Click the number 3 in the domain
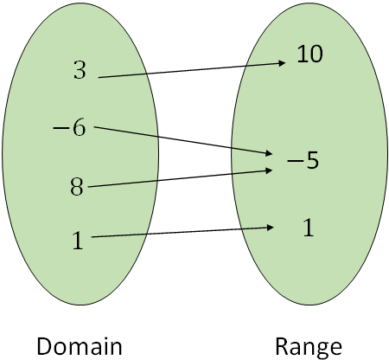[x=80, y=71]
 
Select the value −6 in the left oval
[x=69, y=129]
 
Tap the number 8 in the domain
[x=77, y=186]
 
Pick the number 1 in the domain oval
[x=79, y=241]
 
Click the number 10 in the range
[x=309, y=55]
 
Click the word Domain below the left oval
[x=79, y=347]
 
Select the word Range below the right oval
[x=308, y=347]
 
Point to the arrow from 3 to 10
[x=190, y=70]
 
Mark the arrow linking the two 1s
[x=182, y=232]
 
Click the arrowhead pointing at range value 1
[x=271, y=228]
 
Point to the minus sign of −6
[x=60, y=130]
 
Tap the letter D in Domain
[x=43, y=347]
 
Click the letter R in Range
[x=282, y=347]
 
